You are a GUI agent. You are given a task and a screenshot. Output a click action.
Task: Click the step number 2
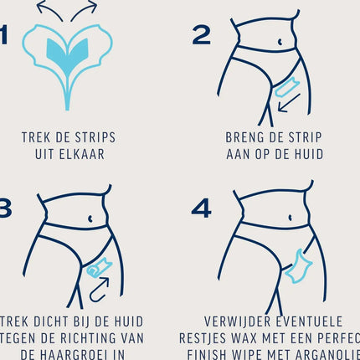click(x=202, y=34)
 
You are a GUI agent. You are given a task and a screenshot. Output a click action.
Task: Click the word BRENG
click(x=244, y=137)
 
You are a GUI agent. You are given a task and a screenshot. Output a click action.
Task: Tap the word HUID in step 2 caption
click(x=306, y=154)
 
